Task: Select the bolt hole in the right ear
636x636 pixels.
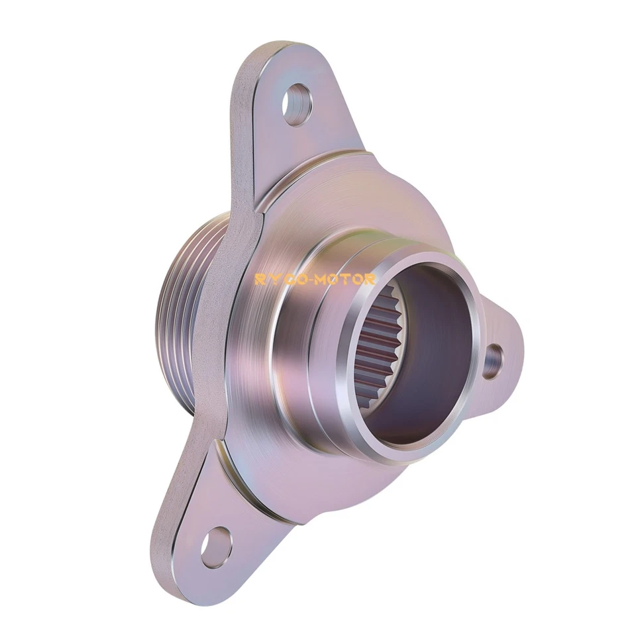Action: (492, 362)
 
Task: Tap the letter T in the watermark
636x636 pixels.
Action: (348, 280)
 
